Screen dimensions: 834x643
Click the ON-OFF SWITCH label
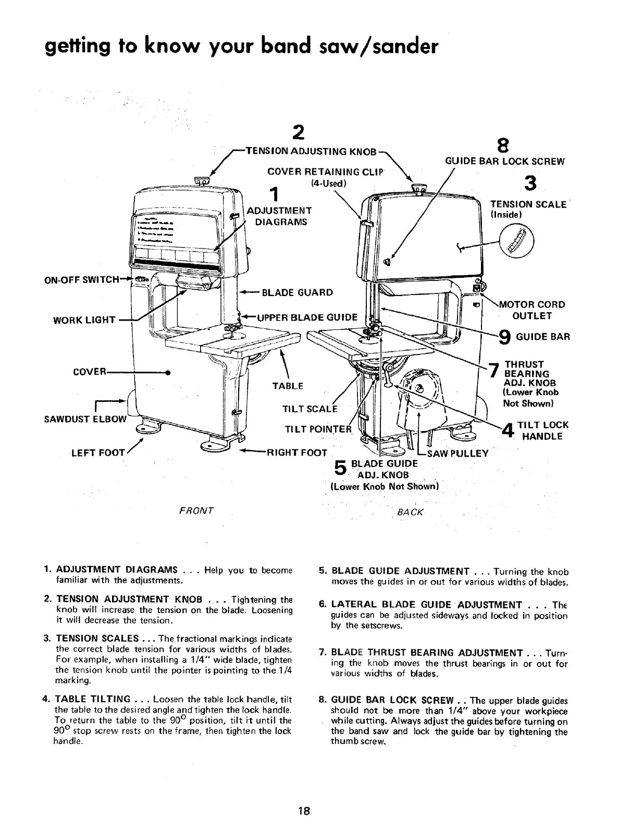tap(86, 279)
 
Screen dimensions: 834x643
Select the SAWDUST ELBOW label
tap(92, 419)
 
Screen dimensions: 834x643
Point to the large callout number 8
tap(503, 144)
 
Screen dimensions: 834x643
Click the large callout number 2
tap(298, 132)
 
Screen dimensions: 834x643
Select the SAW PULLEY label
tap(457, 453)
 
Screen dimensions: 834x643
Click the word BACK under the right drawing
tap(411, 512)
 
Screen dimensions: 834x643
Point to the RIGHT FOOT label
tap(296, 452)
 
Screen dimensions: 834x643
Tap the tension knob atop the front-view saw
tap(201, 180)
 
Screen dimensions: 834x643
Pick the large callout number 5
tap(341, 468)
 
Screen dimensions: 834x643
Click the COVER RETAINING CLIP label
tap(325, 172)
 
